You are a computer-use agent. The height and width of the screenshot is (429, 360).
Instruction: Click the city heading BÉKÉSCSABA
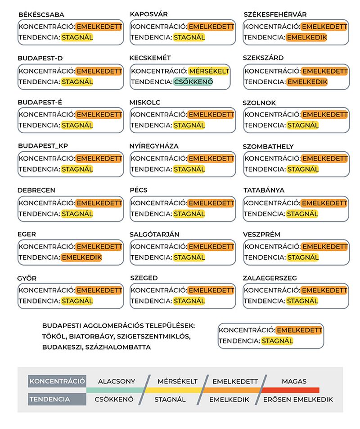(41, 15)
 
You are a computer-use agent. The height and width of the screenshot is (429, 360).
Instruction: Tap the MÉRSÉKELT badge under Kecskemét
(209, 71)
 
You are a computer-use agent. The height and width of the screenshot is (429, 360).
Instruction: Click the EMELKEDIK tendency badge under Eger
(81, 257)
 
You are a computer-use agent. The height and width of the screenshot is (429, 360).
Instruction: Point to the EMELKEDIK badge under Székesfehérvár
(307, 37)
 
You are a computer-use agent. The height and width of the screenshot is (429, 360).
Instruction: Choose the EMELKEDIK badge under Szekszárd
(307, 82)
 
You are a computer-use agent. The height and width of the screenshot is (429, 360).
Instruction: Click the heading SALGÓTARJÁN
(154, 235)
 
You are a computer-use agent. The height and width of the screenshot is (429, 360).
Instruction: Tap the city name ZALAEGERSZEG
(270, 278)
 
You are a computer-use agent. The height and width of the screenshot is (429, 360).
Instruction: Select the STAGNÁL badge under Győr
(77, 301)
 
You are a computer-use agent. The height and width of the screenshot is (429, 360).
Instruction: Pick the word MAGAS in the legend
(294, 381)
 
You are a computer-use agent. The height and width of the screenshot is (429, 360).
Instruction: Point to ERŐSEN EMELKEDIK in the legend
(298, 399)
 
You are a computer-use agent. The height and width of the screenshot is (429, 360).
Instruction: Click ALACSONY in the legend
(117, 381)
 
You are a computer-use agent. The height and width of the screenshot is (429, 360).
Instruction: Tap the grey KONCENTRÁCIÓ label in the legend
(57, 381)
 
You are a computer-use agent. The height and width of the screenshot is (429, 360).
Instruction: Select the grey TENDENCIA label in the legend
(50, 399)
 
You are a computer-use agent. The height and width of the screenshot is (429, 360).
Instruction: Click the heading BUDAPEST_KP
(43, 146)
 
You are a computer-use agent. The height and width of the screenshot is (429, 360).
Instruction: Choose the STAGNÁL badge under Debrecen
(77, 214)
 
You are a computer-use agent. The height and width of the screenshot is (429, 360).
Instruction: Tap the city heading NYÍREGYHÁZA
(154, 146)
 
